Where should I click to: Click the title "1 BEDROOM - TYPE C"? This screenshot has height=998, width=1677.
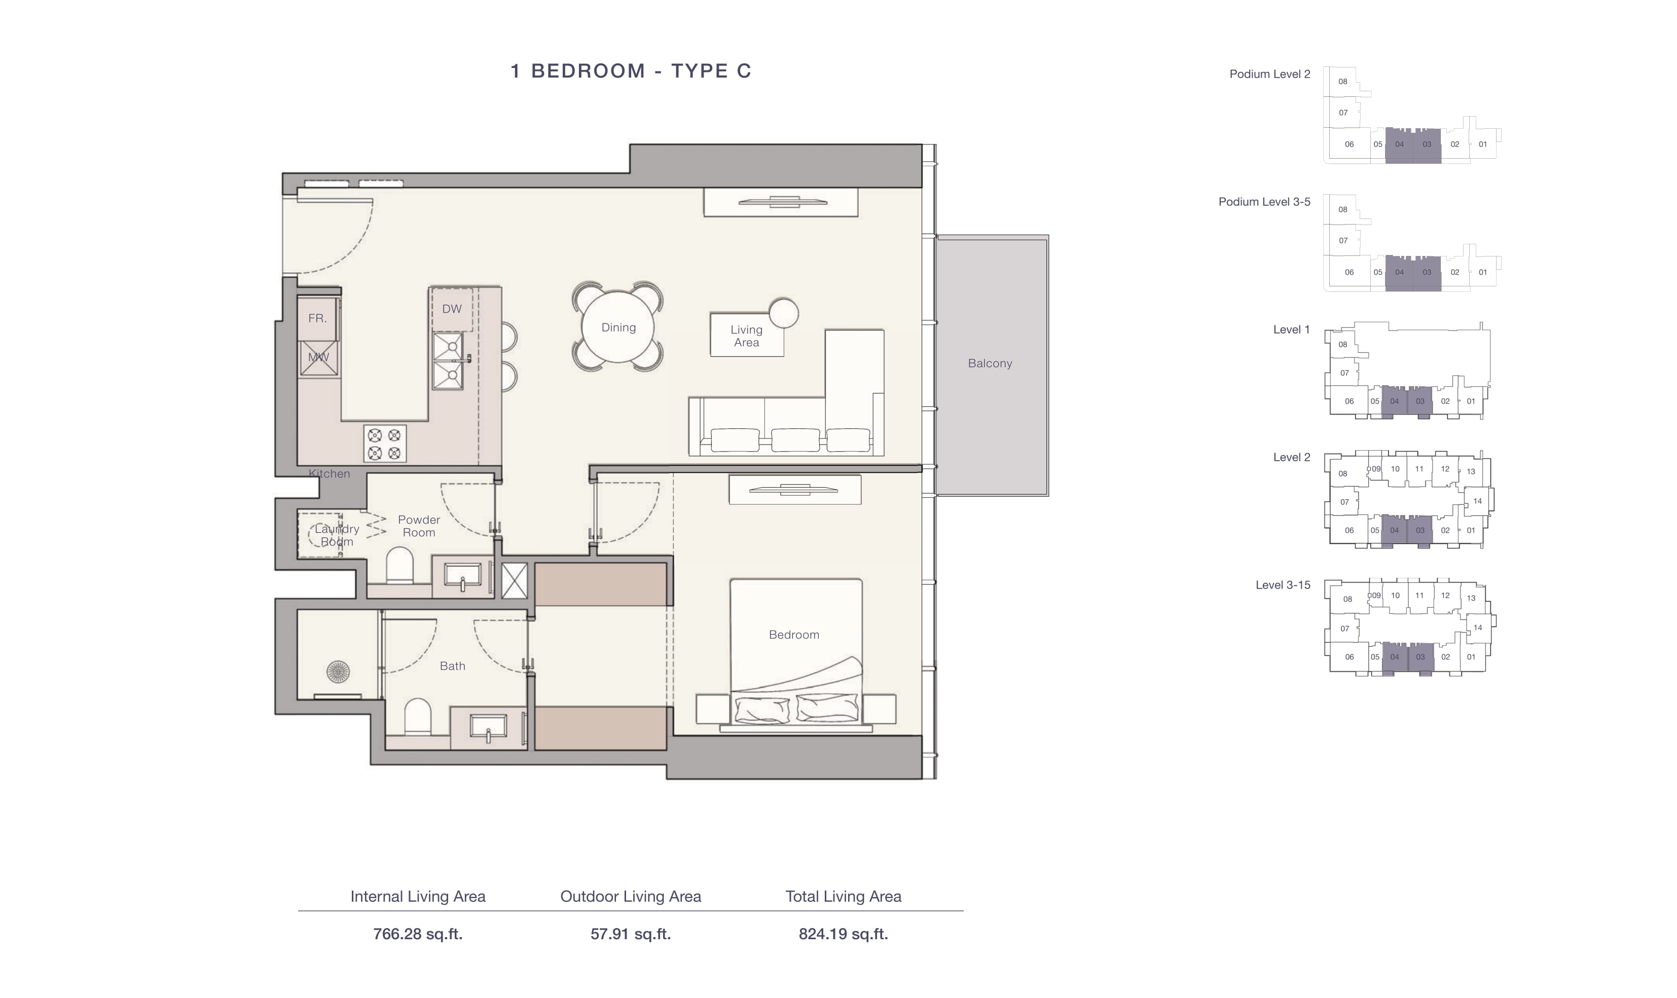click(631, 70)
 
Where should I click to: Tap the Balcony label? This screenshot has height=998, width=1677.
click(990, 363)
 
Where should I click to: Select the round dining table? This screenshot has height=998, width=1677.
click(618, 327)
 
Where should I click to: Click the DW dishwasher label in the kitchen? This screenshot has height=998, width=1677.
click(452, 309)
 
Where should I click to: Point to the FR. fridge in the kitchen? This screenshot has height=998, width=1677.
click(318, 318)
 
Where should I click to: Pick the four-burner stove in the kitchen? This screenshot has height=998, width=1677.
click(385, 444)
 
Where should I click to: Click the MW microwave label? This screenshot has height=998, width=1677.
click(318, 357)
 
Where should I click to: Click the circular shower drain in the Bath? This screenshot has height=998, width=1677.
click(338, 671)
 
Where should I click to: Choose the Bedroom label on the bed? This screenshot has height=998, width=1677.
click(794, 635)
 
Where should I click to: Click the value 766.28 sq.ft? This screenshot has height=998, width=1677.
click(418, 934)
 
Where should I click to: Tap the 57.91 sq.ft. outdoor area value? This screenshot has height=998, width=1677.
click(631, 934)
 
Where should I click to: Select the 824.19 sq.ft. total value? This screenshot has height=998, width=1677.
click(843, 934)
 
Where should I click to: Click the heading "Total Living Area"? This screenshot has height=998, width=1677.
click(843, 897)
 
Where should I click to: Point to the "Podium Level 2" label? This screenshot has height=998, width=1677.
click(1269, 74)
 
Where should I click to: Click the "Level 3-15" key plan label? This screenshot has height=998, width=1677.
click(1283, 585)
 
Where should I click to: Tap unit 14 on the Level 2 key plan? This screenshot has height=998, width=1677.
click(1477, 501)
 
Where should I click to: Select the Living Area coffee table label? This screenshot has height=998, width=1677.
click(746, 336)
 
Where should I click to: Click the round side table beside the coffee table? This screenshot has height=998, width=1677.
click(783, 313)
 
